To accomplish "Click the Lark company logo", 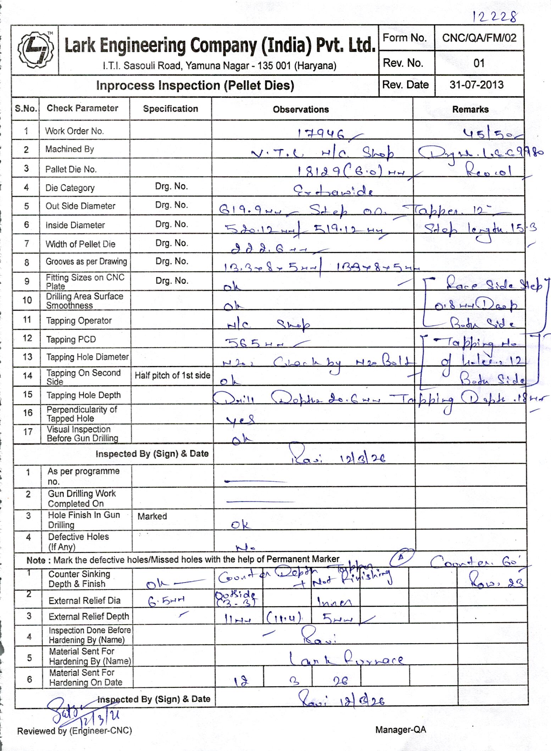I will (36, 50).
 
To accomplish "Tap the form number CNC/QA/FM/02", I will (479, 38).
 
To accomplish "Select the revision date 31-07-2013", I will (476, 85).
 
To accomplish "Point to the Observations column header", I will (301, 110).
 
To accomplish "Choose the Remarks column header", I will (470, 110).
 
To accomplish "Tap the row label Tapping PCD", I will (71, 340).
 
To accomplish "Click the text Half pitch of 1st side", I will (172, 375).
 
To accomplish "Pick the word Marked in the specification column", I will (152, 516).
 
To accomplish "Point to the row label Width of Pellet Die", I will (80, 244).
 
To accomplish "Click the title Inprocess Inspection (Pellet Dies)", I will (195, 86).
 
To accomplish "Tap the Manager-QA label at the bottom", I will (400, 730).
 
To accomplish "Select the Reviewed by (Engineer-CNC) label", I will (74, 731).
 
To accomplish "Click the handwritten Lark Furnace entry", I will (346, 660).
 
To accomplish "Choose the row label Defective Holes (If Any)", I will (78, 542).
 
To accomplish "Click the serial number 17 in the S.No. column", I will (28, 432).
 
